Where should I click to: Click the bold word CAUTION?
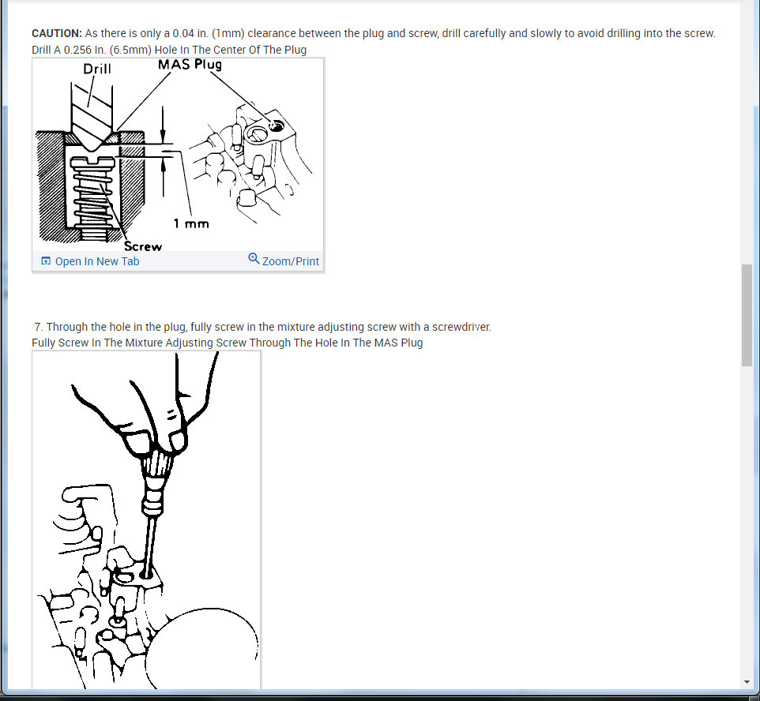[x=57, y=33]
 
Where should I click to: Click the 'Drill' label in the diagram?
[x=97, y=69]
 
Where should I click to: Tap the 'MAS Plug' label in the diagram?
[x=190, y=65]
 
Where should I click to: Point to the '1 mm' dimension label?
[x=191, y=223]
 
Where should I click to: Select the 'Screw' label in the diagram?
[x=143, y=246]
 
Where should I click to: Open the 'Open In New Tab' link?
[x=97, y=261]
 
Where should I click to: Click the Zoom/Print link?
[x=290, y=261]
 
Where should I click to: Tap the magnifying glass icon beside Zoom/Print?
[x=254, y=258]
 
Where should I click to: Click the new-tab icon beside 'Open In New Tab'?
[x=46, y=261]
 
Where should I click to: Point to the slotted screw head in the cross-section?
[x=93, y=162]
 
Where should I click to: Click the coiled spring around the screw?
[x=92, y=199]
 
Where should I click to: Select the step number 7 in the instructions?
[x=39, y=327]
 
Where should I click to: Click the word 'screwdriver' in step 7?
[x=461, y=327]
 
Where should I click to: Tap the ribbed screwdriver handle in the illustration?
[x=155, y=468]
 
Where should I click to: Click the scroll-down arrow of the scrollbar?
[x=747, y=682]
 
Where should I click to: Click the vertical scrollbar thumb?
[x=747, y=315]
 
